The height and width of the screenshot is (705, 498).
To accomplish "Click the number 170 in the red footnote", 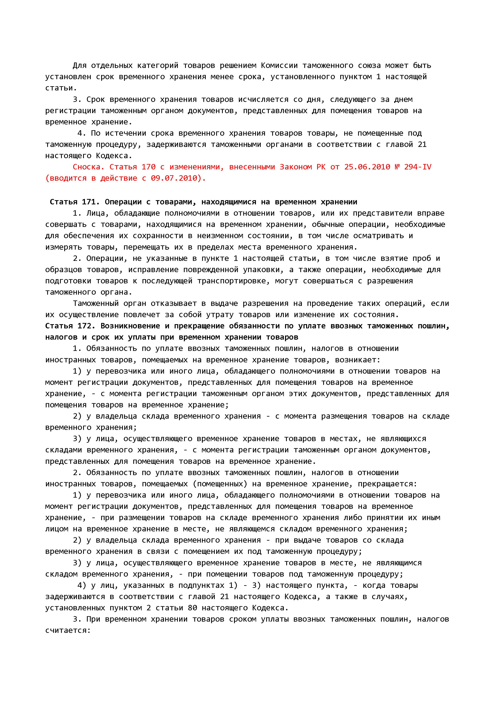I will coord(148,167).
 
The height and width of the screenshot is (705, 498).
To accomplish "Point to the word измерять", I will coord(63,247).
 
